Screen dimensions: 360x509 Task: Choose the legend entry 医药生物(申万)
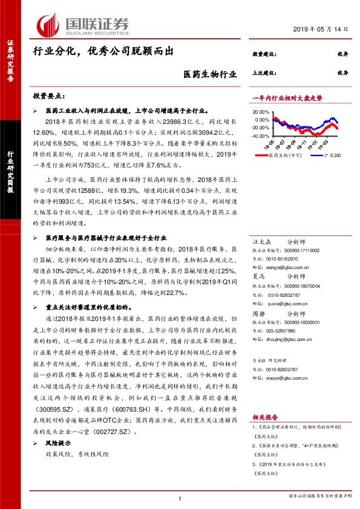[280, 155]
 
